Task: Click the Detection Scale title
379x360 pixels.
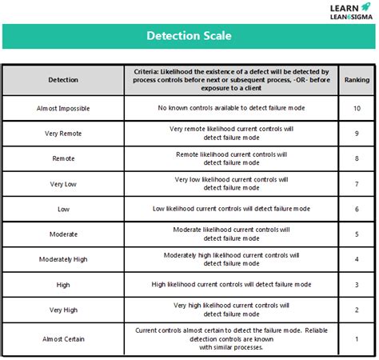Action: coord(189,36)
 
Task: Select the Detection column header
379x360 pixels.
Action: coord(63,80)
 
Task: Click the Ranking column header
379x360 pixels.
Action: coord(357,80)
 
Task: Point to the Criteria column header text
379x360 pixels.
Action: coord(229,80)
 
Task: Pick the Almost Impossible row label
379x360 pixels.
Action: coord(64,108)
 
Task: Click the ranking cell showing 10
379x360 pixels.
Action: coord(357,108)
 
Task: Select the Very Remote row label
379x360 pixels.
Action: coord(63,133)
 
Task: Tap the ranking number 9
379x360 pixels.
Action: coord(357,133)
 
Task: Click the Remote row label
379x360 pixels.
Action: coord(63,158)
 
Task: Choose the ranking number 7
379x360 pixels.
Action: coord(357,184)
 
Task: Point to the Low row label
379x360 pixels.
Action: coord(63,209)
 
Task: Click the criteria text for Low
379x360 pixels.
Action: coord(229,209)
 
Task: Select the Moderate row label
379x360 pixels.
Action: coord(63,234)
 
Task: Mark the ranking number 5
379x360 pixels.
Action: coord(357,234)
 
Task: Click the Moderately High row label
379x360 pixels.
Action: coord(63,259)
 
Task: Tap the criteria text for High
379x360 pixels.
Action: coord(229,284)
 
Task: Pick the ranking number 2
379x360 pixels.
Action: coord(357,310)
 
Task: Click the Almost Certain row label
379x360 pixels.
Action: coord(64,339)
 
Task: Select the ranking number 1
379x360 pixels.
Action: coord(357,339)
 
